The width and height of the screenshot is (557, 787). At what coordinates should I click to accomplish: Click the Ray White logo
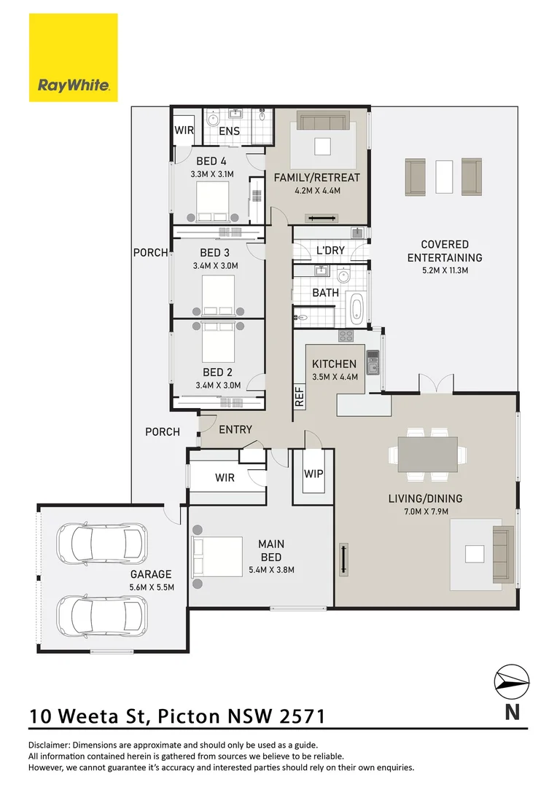[x=73, y=58]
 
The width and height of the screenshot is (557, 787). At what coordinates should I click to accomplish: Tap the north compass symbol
[x=512, y=682]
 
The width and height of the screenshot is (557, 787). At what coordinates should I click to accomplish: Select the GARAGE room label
[x=151, y=573]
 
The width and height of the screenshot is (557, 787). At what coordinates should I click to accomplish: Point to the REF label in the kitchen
[x=300, y=396]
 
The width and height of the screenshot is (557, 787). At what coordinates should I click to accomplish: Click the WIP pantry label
[x=313, y=474]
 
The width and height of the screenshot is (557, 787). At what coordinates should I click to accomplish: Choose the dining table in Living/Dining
[x=427, y=454]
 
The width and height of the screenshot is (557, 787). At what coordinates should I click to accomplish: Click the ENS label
[x=229, y=131]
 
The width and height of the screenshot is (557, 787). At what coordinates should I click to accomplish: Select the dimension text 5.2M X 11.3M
[x=445, y=270]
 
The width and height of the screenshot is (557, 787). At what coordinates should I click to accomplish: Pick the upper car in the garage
[x=102, y=543]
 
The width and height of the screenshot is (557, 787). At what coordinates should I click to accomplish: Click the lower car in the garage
[x=102, y=616]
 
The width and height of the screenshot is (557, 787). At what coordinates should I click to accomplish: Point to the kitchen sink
[x=372, y=369]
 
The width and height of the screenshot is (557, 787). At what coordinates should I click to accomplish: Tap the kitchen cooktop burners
[x=346, y=335]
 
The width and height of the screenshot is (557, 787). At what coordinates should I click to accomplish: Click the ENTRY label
[x=235, y=430]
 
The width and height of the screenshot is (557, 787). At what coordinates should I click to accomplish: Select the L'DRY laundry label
[x=330, y=250]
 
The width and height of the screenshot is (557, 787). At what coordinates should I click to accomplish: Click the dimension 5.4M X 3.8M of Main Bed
[x=271, y=570]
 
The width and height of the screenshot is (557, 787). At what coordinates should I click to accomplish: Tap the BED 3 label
[x=215, y=253]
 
